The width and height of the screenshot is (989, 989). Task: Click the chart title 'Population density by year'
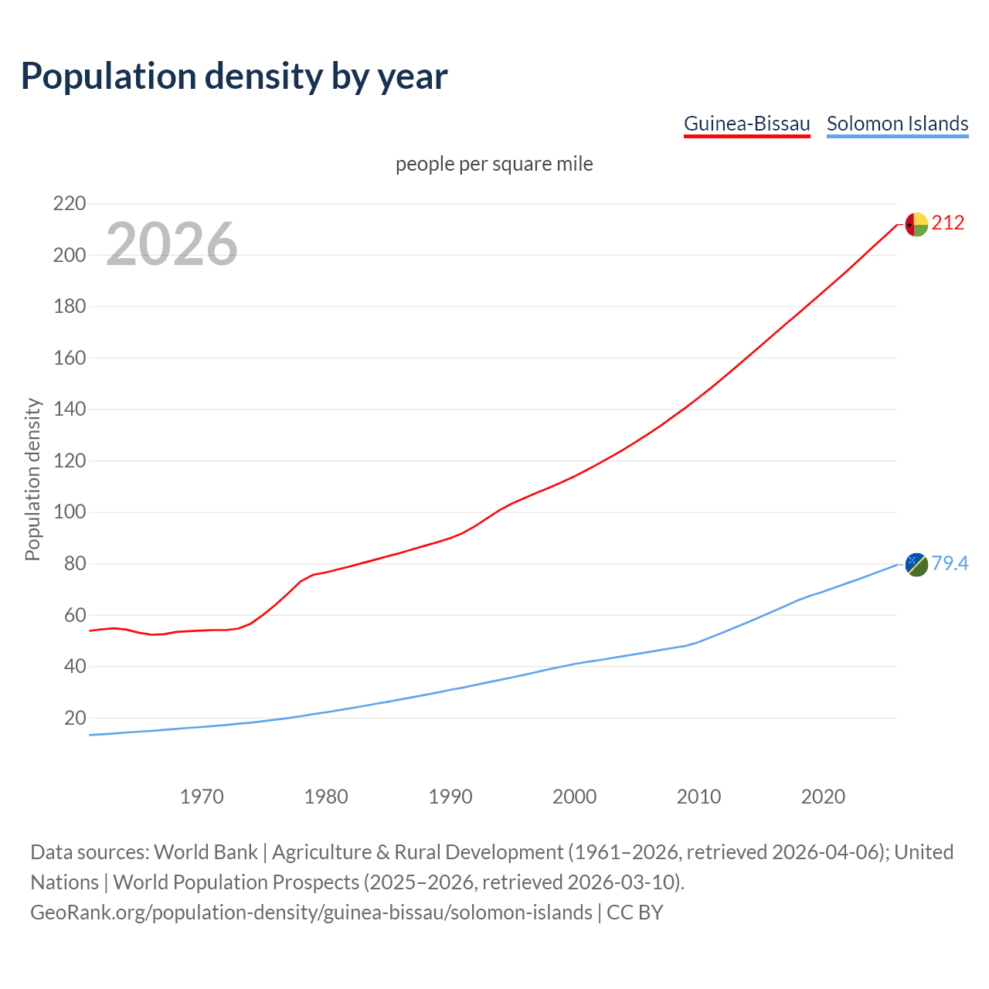pos(234,76)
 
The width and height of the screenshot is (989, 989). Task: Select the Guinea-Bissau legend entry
pos(746,124)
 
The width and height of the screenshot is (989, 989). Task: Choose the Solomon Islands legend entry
pos(897,124)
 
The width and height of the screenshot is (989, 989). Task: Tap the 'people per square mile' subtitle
pos(494,165)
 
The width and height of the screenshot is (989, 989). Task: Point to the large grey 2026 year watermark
pos(172,244)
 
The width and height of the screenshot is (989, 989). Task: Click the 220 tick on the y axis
pos(69,204)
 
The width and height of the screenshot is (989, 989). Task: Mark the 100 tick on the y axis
pos(69,512)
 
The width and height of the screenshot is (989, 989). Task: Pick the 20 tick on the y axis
pos(74,718)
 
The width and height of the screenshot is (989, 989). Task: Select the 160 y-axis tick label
pos(69,358)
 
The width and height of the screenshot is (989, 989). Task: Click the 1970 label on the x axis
pos(202,797)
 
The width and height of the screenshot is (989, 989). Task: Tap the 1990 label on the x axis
pos(450,797)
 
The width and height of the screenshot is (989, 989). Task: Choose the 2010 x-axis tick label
pos(698,797)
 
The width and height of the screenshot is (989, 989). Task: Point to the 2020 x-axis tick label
pos(823,797)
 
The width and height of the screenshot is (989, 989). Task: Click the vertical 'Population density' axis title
pos(32,479)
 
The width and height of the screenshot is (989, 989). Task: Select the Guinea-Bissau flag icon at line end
pos(916,224)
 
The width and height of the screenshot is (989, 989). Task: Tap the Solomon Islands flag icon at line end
pos(916,565)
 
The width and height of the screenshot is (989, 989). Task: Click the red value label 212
pos(948,223)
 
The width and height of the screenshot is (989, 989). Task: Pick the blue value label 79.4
pos(950,564)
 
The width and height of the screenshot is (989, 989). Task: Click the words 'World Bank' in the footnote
pos(206,852)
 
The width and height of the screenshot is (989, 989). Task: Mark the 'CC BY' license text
pos(634,913)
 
